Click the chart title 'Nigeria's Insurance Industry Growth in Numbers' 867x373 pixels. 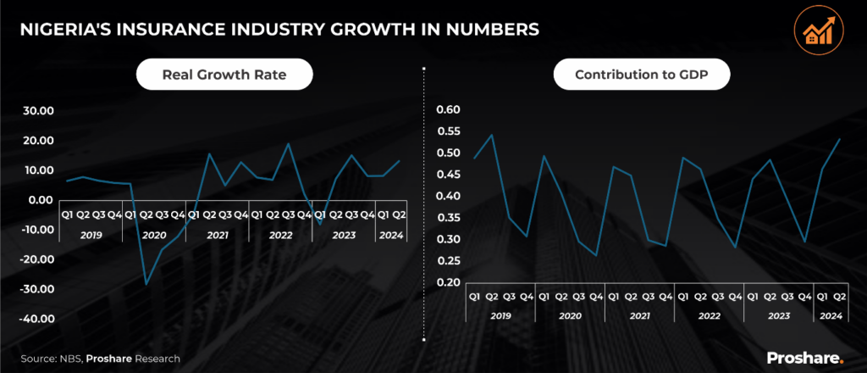click(279, 30)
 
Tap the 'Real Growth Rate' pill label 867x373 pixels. click(224, 75)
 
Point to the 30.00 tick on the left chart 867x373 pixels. click(36, 111)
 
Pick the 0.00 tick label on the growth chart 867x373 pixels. click(40, 200)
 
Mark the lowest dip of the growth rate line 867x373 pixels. click(146, 284)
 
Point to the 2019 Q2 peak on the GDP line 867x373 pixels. click(493, 135)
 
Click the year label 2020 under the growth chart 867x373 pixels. click(153, 235)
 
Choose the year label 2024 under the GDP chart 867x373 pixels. click(831, 315)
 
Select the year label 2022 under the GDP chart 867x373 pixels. click(709, 315)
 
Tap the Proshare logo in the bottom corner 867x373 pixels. click(803, 358)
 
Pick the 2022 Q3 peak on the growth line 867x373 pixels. click(289, 143)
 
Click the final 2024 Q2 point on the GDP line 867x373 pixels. click(839, 138)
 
